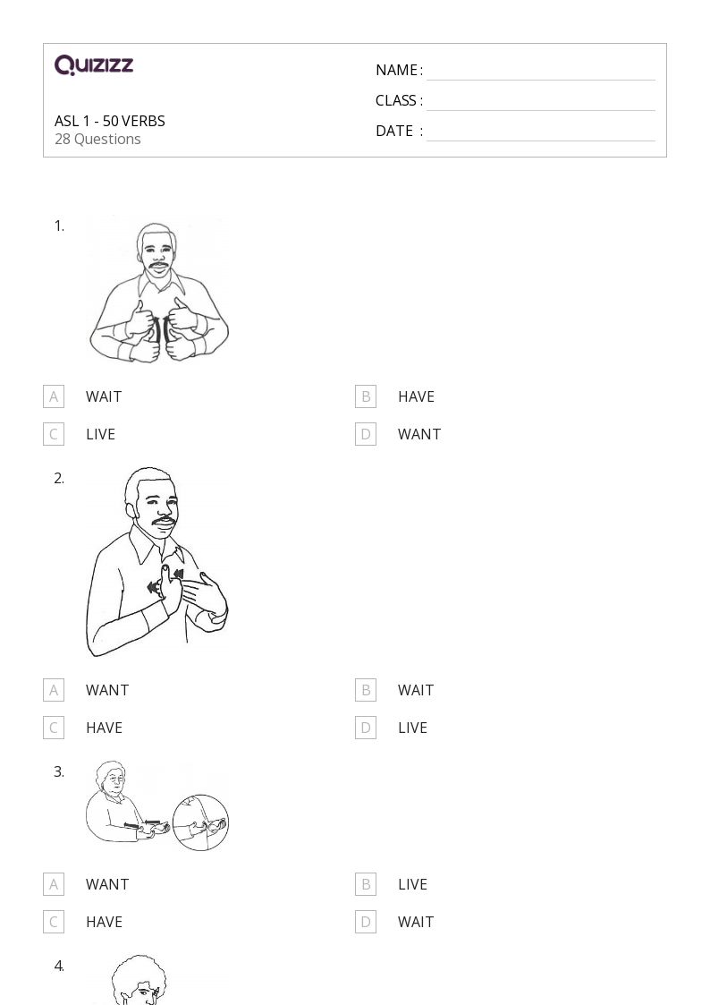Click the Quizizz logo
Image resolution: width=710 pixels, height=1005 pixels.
[x=94, y=64]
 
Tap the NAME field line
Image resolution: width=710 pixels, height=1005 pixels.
[x=541, y=81]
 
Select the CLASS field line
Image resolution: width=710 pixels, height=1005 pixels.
[x=541, y=110]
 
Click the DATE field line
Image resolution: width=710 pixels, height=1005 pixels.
[x=541, y=141]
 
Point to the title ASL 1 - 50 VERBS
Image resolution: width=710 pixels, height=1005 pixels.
[x=109, y=121]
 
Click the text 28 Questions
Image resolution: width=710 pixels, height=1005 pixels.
[x=97, y=139]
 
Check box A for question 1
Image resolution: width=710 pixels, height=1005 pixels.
[x=54, y=396]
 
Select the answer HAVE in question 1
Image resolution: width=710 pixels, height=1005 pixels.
[x=416, y=396]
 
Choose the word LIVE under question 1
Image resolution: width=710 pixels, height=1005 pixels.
[x=100, y=434]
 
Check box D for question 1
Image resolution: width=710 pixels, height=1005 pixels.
[x=366, y=434]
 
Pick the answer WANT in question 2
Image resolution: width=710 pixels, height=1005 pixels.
[x=107, y=690]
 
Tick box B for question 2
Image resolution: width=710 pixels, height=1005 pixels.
[x=366, y=690]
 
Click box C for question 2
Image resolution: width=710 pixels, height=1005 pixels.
[x=54, y=728]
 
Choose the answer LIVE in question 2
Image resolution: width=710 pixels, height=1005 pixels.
[x=412, y=728]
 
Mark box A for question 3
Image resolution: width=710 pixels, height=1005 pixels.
[x=54, y=884]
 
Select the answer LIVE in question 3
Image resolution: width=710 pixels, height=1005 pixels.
[x=412, y=884]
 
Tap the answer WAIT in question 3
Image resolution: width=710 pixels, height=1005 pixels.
[x=416, y=922]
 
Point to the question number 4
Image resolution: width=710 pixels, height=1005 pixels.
[x=59, y=966]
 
